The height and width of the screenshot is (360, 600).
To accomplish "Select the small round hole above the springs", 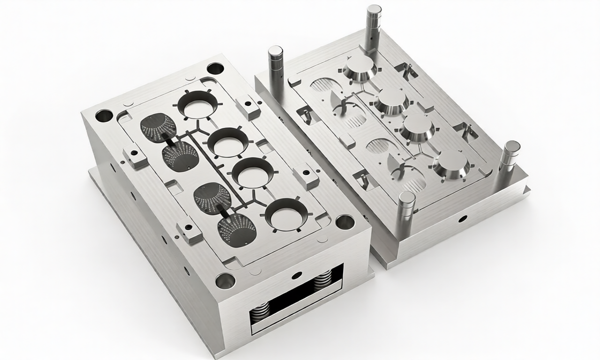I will [296, 275].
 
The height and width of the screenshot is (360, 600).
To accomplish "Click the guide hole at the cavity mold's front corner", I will [225, 281].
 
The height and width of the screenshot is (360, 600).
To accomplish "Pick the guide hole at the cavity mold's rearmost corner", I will [215, 68].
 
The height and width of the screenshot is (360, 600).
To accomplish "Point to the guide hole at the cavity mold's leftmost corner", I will [104, 115].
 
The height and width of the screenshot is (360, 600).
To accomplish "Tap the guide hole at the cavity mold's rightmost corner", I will [345, 222].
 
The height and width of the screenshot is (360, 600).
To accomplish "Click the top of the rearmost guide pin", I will [374, 10].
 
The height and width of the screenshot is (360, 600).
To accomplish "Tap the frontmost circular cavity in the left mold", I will [285, 215].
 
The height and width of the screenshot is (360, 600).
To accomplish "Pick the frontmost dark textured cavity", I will [237, 230].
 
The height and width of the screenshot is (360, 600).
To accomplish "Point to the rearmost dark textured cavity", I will [158, 127].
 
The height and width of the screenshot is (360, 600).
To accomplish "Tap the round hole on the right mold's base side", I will [463, 218].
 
